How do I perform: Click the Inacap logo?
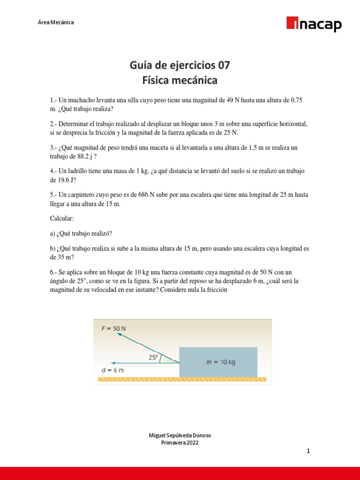pos(314,24)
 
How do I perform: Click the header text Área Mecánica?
pos(55,22)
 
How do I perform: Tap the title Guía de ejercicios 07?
pos(180,65)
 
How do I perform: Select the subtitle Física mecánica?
pos(180,80)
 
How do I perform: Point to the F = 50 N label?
pos(114,329)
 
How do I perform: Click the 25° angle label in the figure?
pos(153,357)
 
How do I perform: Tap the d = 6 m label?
pos(112,370)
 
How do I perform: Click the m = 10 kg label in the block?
pos(221,362)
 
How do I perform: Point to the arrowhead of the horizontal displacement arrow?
pos(112,362)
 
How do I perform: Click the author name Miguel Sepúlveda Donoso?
pos(180,435)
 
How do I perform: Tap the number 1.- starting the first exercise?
pos(53,101)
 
